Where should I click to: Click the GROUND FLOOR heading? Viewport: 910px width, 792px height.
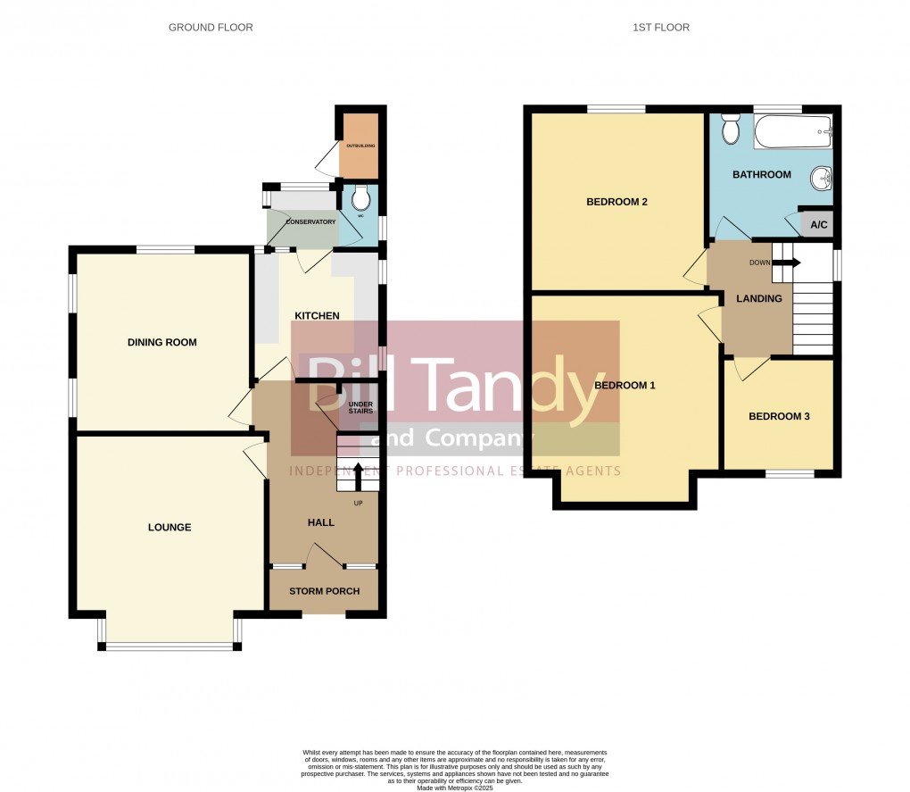211,28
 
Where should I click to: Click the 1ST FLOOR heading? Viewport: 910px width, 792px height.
661,28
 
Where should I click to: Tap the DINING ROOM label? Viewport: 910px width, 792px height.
161,343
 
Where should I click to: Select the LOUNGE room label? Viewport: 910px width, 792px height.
170,528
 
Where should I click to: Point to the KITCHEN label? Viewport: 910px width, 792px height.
318,316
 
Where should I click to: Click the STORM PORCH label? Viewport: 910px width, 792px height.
322,591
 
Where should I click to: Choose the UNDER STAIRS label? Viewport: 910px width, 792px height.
360,407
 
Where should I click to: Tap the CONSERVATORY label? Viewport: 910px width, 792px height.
310,221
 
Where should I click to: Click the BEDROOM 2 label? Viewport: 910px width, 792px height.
616,202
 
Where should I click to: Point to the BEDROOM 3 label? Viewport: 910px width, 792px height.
779,416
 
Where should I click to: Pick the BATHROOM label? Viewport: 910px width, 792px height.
762,175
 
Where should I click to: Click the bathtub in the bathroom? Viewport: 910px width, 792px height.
793,134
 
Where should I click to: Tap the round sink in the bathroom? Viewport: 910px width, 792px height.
820,180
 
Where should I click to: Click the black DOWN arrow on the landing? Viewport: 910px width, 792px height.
788,263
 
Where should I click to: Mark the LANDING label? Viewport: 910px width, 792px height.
758,299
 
